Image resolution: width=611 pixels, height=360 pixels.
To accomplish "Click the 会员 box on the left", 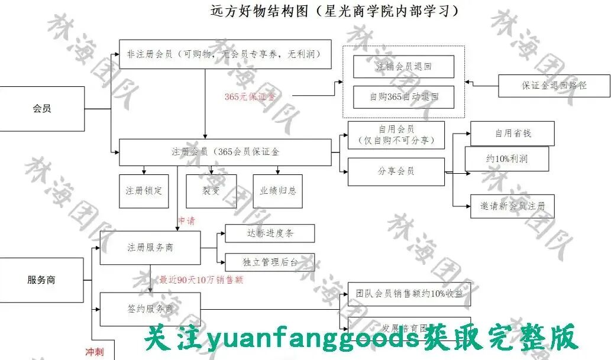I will tap(41, 109).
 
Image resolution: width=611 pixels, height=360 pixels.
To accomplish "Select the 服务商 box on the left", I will tap(41, 280).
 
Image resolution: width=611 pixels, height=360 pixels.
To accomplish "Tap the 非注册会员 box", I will tap(225, 54).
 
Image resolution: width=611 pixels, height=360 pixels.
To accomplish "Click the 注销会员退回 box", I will tap(403, 67).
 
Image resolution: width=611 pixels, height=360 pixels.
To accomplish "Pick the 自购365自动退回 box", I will tap(403, 97).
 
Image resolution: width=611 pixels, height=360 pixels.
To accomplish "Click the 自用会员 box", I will tap(396, 135).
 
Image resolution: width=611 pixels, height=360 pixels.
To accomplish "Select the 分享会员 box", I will tap(396, 171).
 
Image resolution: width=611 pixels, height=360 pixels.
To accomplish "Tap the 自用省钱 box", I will tap(512, 133).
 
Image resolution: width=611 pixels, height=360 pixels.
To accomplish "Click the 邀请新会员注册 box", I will tap(512, 206).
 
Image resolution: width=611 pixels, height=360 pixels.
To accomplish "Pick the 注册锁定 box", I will tap(143, 191).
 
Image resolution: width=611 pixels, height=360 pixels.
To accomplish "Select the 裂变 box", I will tap(211, 191).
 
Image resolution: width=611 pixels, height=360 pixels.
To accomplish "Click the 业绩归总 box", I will tap(278, 191).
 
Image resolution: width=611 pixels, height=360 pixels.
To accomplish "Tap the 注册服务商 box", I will tap(150, 248).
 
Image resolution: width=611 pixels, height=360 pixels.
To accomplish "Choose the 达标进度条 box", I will tap(270, 233).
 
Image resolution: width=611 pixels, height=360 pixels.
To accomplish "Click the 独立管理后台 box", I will tap(270, 262).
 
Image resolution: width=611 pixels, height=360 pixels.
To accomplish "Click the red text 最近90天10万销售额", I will tap(201, 280).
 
